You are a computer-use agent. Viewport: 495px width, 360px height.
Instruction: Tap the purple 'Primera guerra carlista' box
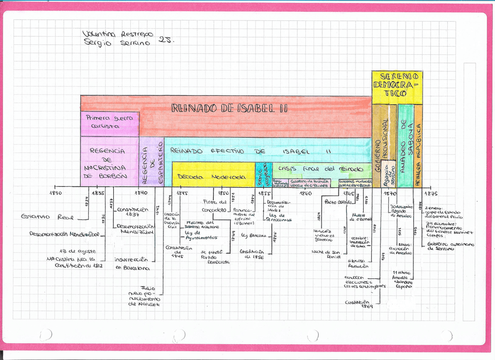109,122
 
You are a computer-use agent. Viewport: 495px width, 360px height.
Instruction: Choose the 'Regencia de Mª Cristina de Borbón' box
109,163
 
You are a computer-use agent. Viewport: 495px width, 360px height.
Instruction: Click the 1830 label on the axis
57,193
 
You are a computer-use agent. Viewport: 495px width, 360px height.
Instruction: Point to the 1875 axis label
430,193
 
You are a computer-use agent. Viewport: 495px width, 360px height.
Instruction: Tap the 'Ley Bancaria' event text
254,236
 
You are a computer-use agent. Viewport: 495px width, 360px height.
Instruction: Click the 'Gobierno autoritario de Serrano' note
450,246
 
